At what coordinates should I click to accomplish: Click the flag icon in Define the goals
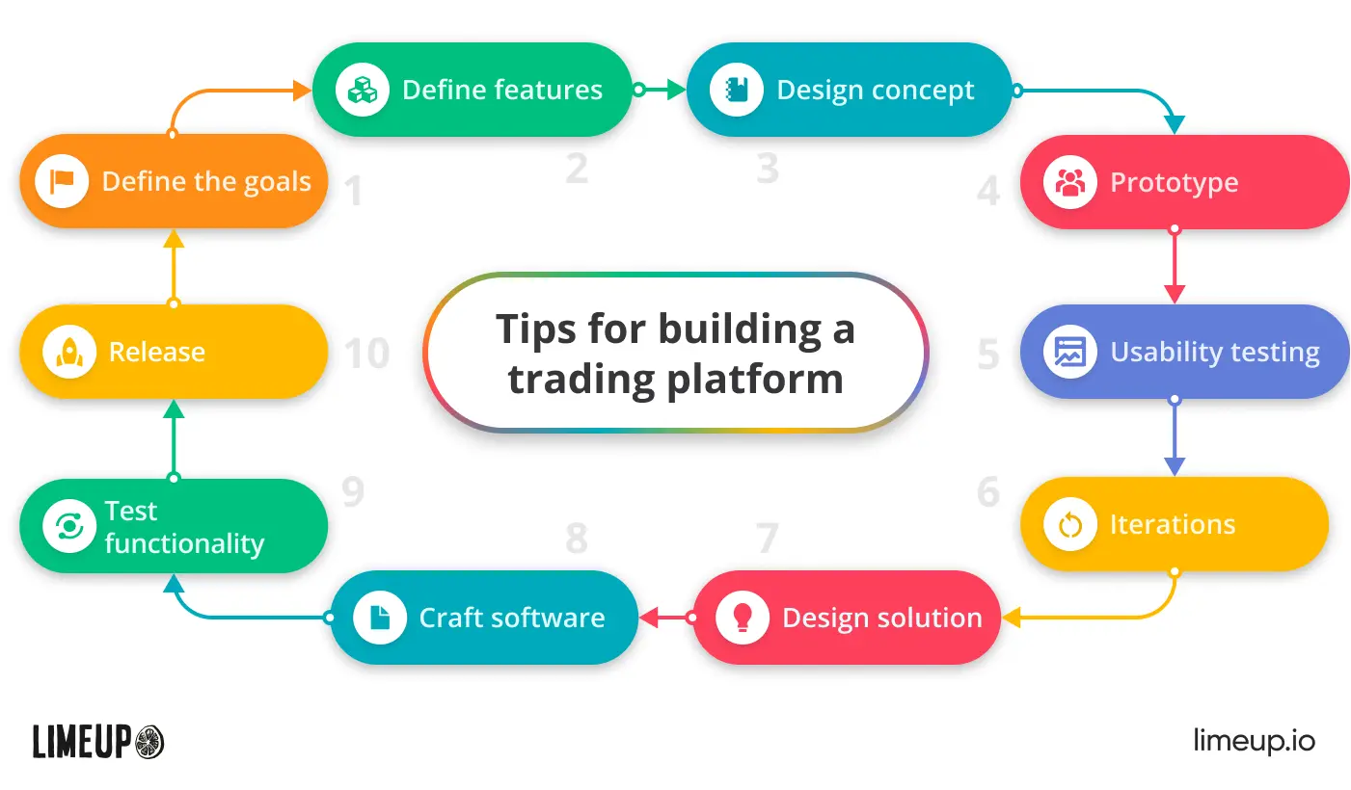tap(62, 181)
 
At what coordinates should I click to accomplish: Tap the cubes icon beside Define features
tap(363, 90)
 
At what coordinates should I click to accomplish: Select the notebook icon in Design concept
tap(737, 90)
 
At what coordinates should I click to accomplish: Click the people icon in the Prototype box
tap(1070, 182)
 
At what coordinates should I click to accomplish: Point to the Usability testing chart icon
tap(1070, 352)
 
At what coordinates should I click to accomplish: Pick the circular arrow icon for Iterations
tap(1070, 525)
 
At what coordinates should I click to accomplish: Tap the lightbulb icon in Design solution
tap(743, 618)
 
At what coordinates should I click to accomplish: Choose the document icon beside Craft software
tap(380, 618)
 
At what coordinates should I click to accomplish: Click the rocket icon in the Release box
tap(69, 352)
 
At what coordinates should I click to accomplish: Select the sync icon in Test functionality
tap(69, 526)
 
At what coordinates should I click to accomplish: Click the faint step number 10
tap(366, 353)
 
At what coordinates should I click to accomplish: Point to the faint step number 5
tap(988, 354)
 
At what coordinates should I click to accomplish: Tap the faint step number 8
tap(577, 539)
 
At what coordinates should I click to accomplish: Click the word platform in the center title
tap(754, 380)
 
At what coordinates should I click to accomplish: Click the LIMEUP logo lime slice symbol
tap(149, 742)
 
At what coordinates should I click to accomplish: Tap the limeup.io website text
tap(1255, 741)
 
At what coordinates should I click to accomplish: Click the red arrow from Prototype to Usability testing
tap(1175, 265)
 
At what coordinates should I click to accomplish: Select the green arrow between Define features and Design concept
tap(660, 90)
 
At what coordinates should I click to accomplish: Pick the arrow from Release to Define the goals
tap(174, 269)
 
